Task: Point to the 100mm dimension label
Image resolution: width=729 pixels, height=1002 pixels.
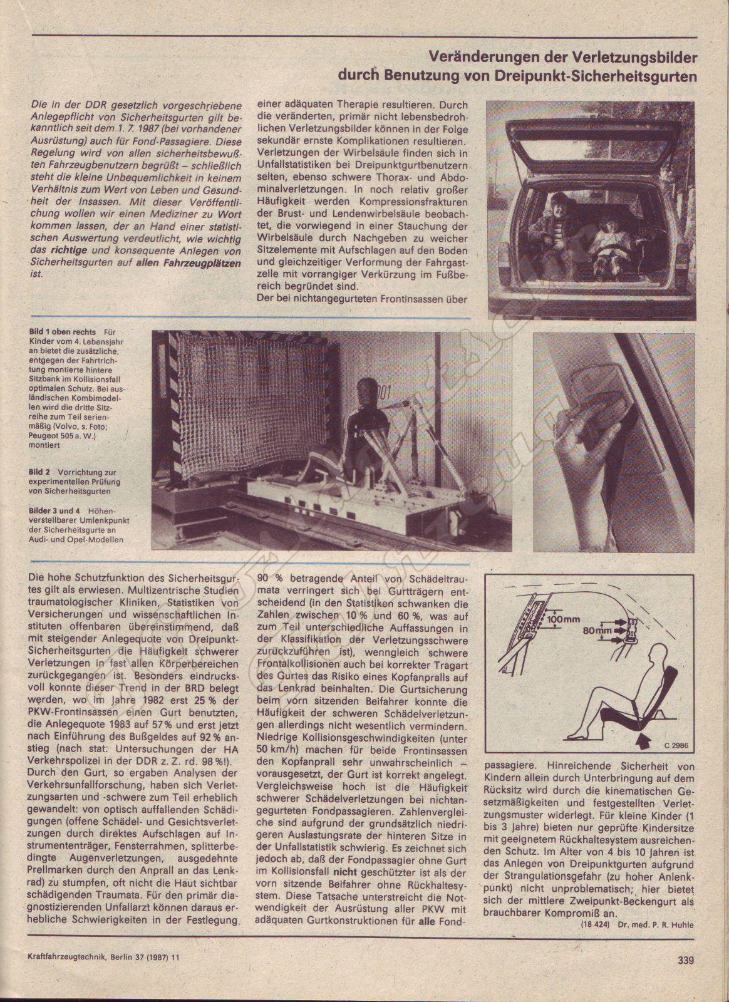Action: (x=564, y=621)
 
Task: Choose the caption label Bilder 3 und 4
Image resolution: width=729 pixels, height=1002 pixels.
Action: (x=52, y=511)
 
